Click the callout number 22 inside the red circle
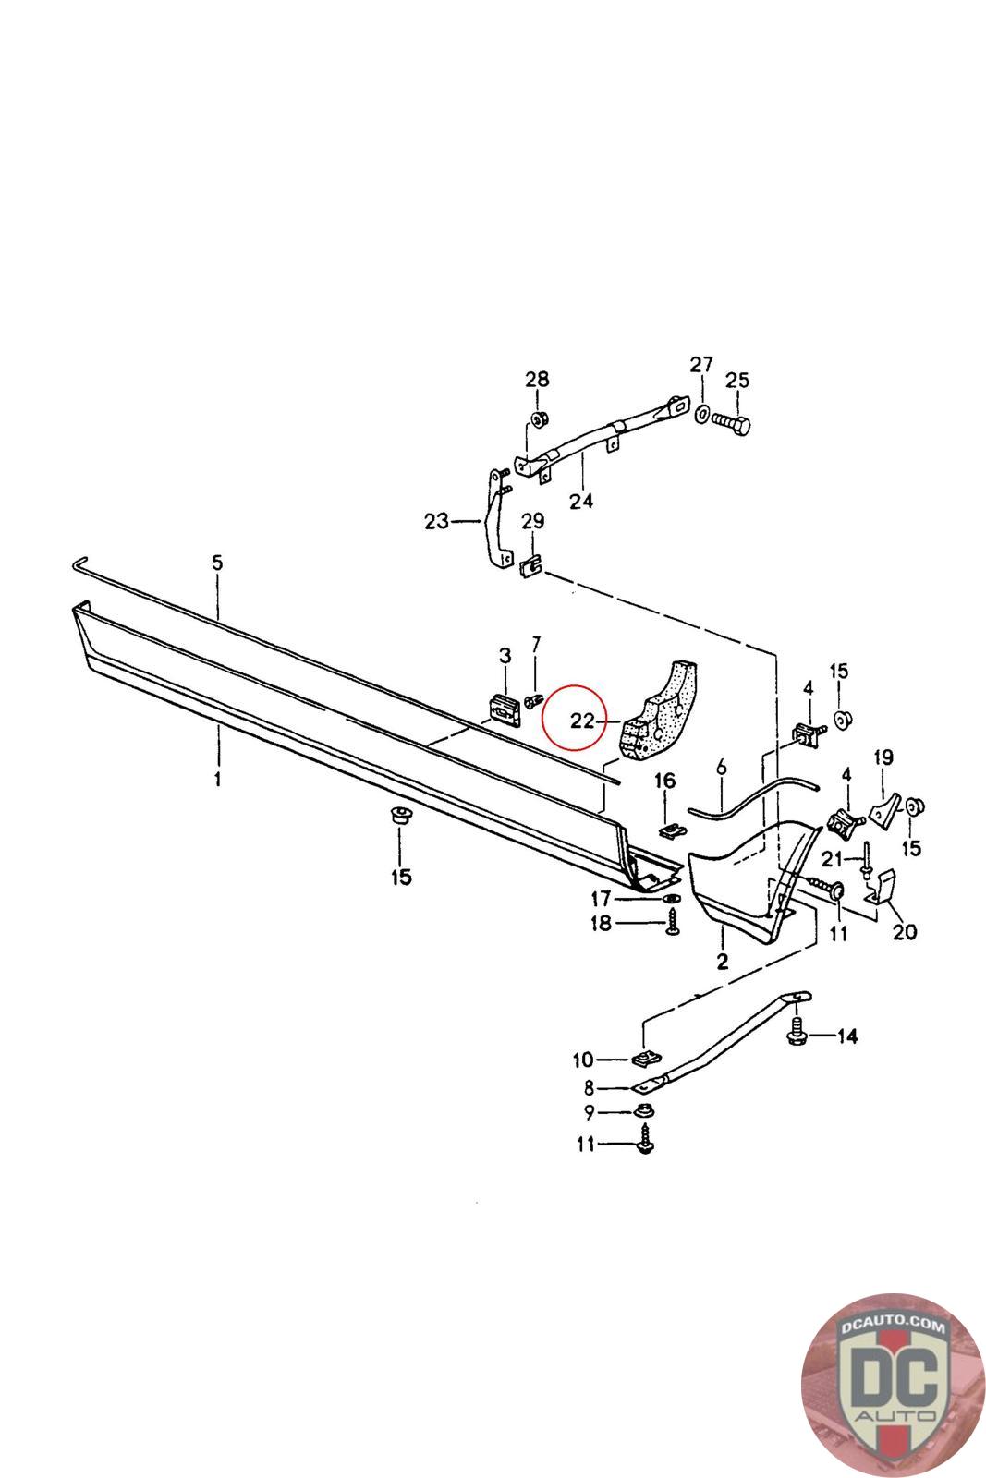point(581,721)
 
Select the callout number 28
point(537,379)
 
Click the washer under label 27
point(702,414)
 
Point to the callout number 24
point(580,501)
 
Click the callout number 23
point(436,521)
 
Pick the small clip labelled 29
point(532,565)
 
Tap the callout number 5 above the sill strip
point(217,563)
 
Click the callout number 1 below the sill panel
point(217,780)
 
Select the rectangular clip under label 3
point(505,709)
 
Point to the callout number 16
point(664,781)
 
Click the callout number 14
point(847,1036)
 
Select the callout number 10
point(583,1060)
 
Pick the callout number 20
point(904,932)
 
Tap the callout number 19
point(883,757)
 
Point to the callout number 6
point(722,767)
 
